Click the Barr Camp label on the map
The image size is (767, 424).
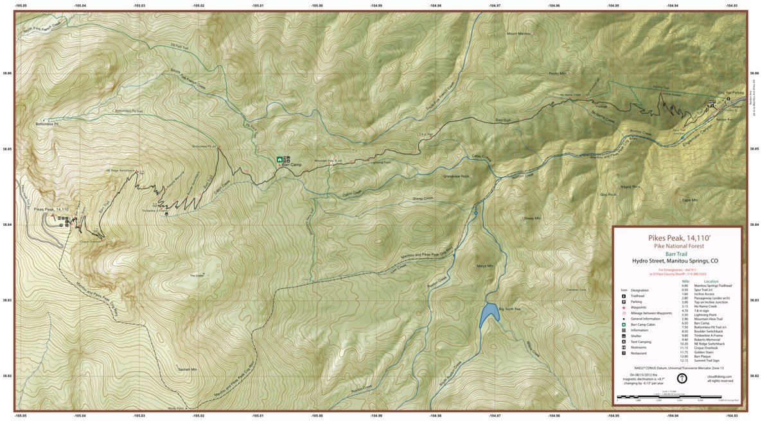(292, 165)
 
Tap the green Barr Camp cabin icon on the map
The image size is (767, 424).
(279, 159)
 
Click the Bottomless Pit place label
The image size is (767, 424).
(47, 124)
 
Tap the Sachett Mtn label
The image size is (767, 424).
(188, 369)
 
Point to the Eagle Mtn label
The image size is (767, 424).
(690, 200)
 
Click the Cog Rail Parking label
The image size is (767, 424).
(730, 92)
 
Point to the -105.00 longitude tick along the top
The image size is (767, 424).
(317, 5)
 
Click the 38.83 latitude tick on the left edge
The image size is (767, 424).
(7, 300)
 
